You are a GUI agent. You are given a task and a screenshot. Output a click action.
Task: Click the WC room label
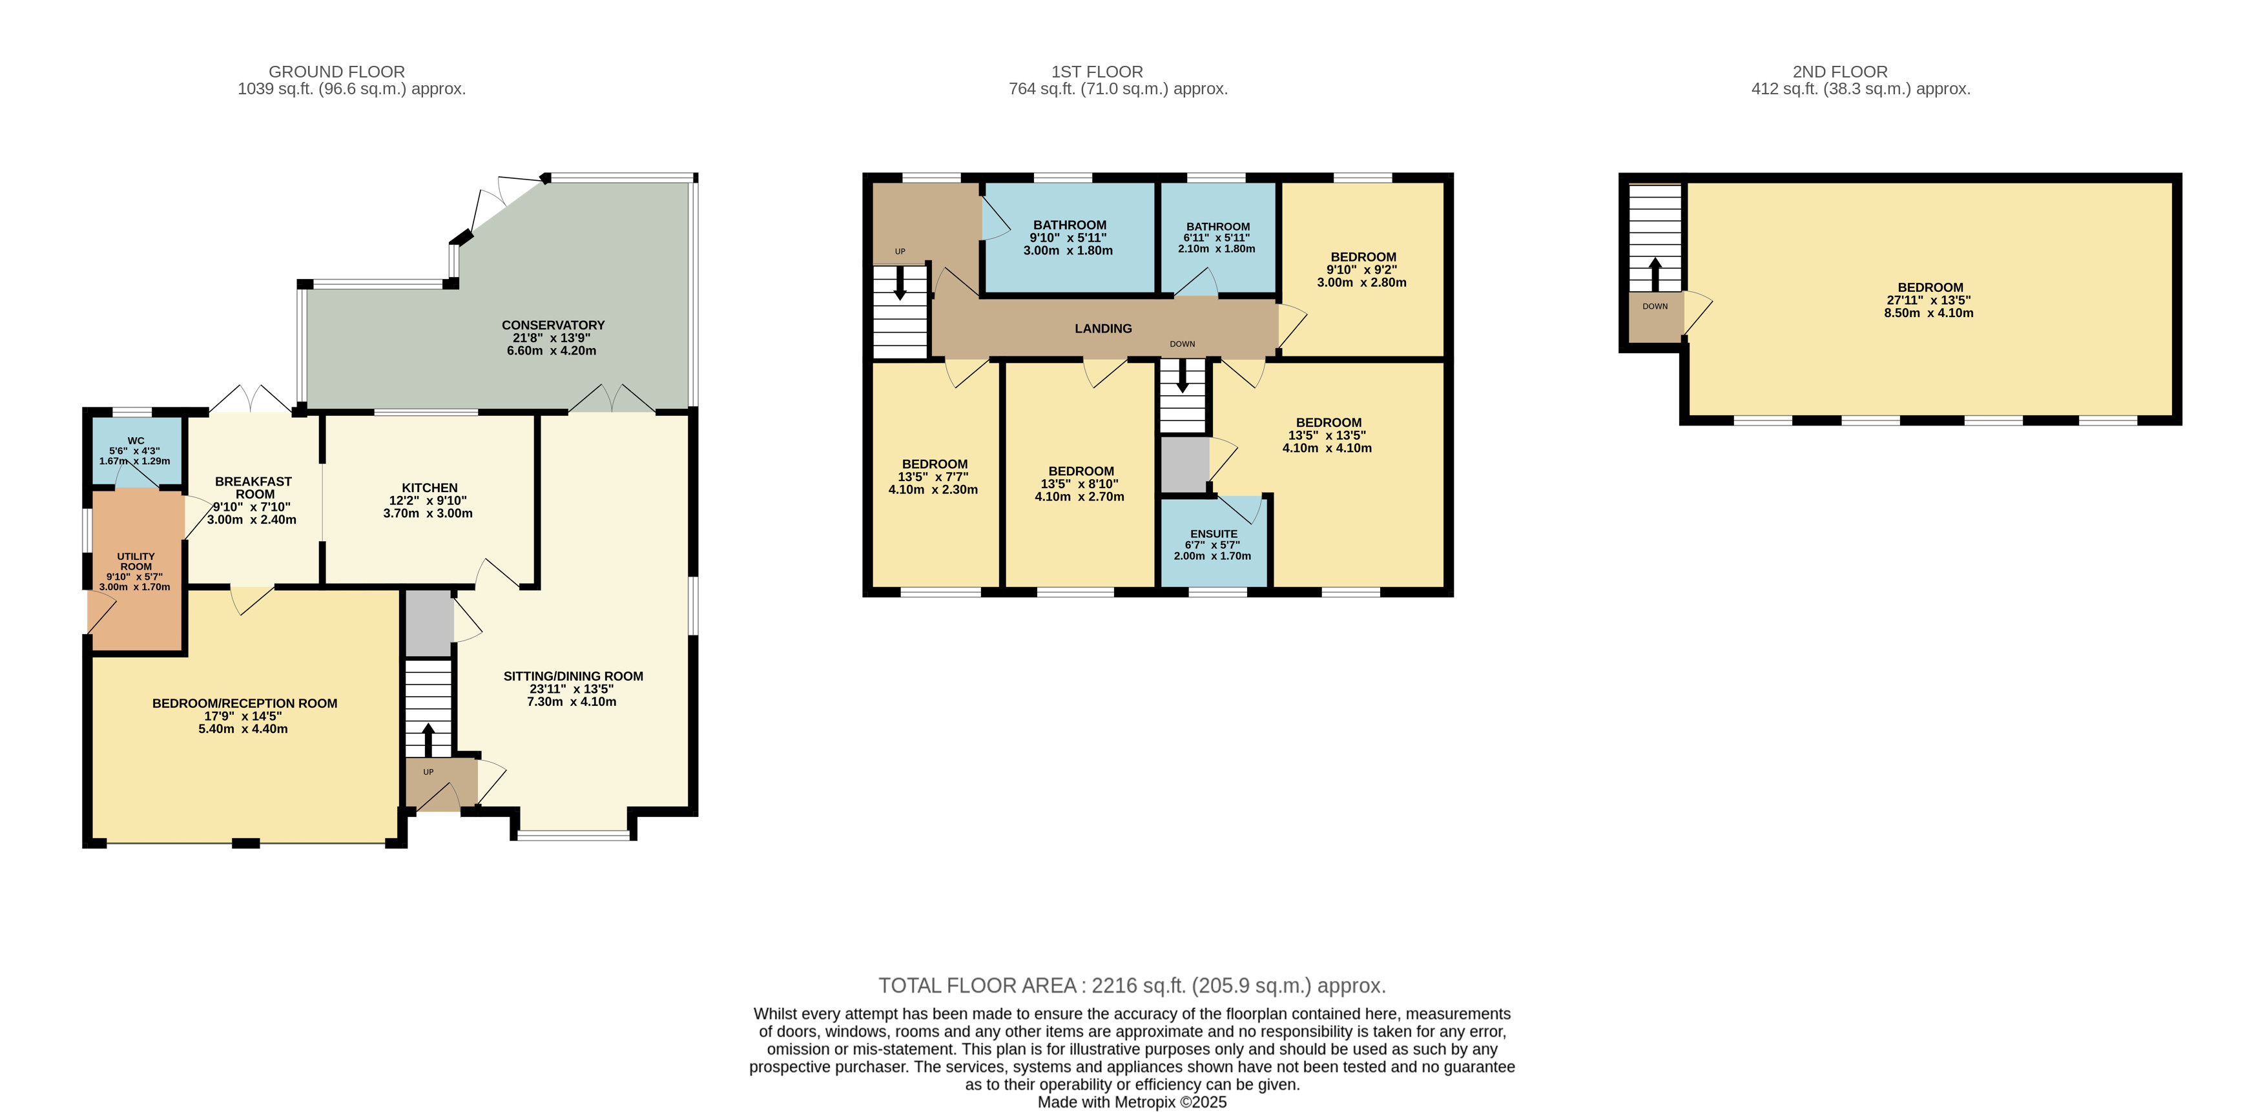(136, 441)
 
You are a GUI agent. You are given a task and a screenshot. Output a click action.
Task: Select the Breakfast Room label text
(254, 488)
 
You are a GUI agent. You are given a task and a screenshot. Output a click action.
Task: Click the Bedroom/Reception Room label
(244, 703)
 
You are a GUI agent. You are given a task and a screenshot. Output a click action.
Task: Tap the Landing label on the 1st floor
(1104, 329)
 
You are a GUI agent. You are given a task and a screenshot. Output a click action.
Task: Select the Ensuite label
(1214, 533)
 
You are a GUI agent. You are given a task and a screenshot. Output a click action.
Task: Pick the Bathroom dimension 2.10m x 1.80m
(1217, 249)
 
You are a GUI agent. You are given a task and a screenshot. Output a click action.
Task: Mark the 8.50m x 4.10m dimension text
(1929, 313)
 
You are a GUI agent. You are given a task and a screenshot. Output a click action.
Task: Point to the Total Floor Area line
(1133, 985)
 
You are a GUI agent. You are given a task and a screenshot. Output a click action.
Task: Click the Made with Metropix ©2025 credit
(1133, 1102)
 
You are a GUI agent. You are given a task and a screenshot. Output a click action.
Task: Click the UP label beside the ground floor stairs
(428, 772)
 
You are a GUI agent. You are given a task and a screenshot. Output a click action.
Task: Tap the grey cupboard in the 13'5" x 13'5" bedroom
(1184, 465)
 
